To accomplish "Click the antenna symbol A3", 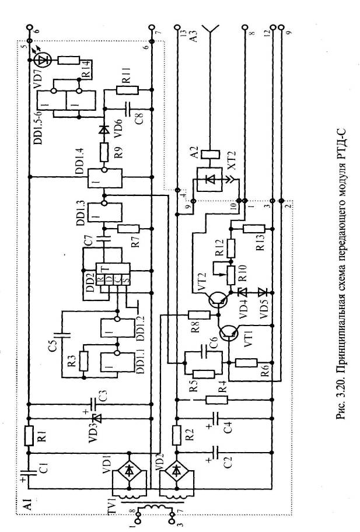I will pyautogui.click(x=211, y=29).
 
